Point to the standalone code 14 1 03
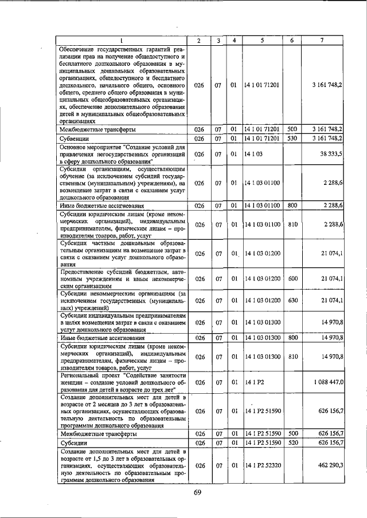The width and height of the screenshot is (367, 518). pyautogui.click(x=253, y=155)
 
